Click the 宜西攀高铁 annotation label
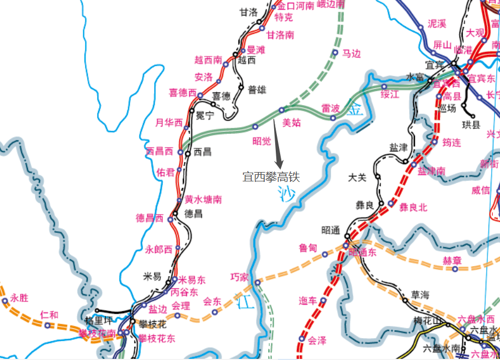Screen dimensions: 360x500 click(272, 177)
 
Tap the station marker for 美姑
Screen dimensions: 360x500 click(282, 110)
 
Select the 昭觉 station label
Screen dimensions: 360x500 click(262, 141)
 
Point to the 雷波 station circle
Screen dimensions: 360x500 click(333, 118)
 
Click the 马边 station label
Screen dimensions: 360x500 click(351, 53)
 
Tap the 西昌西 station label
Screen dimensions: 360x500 click(160, 151)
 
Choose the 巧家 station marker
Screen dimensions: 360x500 click(257, 283)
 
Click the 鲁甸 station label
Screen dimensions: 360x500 click(308, 248)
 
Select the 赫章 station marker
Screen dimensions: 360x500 click(455, 268)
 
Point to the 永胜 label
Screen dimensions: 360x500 click(19, 298)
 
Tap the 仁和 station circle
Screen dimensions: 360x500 click(47, 325)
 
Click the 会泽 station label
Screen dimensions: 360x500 click(317, 340)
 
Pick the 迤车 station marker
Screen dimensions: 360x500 click(323, 300)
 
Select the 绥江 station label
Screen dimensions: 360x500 click(389, 95)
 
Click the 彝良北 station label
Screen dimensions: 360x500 click(413, 207)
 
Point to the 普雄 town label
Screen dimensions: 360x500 click(257, 90)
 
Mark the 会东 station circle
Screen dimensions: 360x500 click(215, 312)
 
